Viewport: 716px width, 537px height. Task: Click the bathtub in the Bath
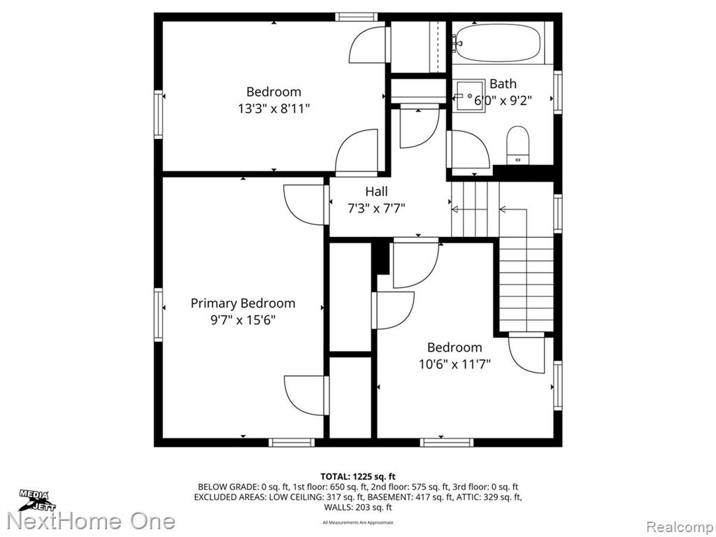[498, 43]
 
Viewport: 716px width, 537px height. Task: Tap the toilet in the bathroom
[517, 145]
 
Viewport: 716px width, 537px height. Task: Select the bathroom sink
[469, 96]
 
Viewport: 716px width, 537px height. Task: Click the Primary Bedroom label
[243, 303]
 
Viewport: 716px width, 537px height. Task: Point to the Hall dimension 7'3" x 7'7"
[376, 208]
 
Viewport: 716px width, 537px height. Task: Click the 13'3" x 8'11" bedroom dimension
[274, 109]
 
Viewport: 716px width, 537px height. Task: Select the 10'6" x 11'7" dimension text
[454, 364]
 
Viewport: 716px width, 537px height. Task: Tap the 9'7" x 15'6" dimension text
[243, 320]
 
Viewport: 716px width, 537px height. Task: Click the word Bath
[503, 84]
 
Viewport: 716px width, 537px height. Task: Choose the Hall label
[376, 192]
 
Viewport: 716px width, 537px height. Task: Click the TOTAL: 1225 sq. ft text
[358, 477]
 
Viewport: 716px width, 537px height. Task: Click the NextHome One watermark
[92, 522]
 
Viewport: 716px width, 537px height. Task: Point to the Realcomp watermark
[680, 527]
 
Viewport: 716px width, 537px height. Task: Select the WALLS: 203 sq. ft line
[358, 508]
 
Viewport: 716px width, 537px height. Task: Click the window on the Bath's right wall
[557, 92]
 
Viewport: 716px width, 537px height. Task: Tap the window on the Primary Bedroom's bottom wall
[292, 442]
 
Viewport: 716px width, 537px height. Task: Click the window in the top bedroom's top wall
[356, 17]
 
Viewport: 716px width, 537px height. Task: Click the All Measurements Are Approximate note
[358, 522]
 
